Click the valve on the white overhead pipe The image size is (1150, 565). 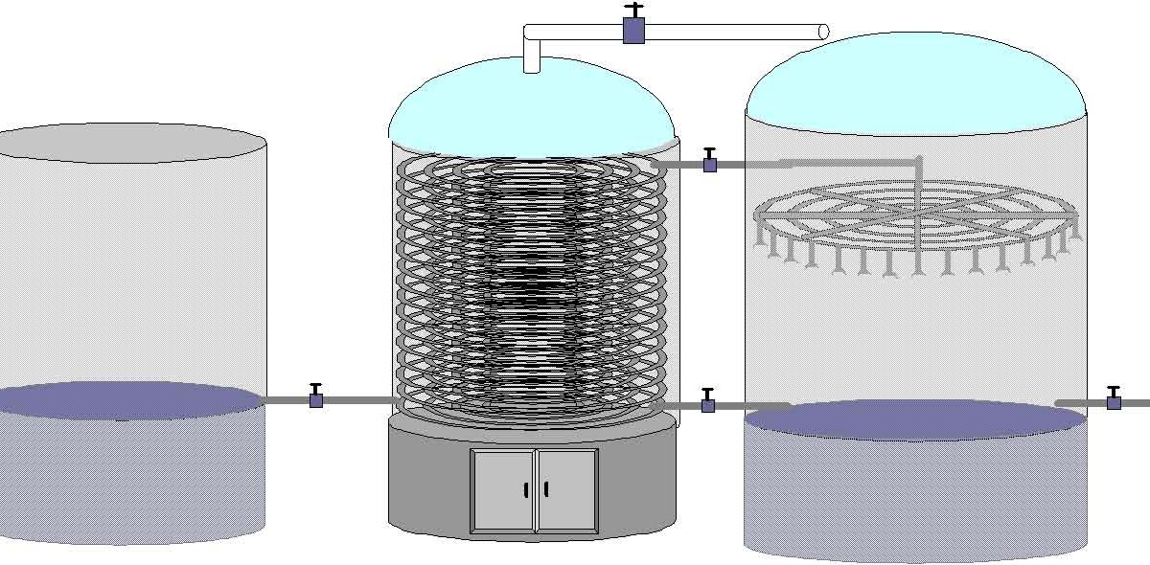point(633,29)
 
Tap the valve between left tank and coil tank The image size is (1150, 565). point(316,398)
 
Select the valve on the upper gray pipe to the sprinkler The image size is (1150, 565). point(710,164)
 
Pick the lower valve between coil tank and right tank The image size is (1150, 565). point(708,404)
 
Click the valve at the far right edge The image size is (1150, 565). point(1114,402)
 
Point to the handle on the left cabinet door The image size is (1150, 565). point(526,490)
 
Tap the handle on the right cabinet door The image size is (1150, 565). point(546,489)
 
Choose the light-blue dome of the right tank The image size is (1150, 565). point(915,81)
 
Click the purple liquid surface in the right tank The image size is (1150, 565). point(915,419)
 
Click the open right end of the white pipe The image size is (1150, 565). point(822,32)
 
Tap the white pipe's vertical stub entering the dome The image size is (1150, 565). point(532,59)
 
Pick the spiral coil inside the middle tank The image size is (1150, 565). point(532,287)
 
